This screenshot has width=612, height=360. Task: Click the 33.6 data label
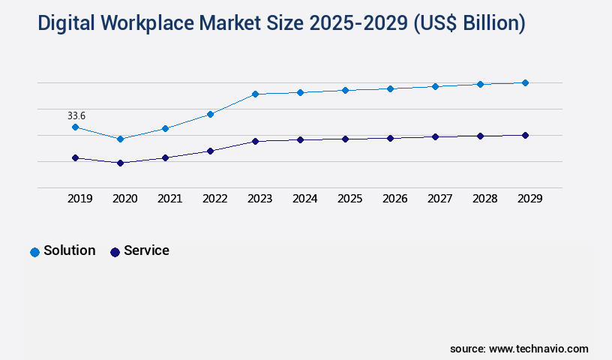point(76,115)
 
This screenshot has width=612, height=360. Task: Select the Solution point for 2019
point(75,127)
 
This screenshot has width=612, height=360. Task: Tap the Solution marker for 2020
point(120,139)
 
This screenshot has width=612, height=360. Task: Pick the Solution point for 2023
point(255,94)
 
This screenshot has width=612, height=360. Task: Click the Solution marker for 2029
point(525,82)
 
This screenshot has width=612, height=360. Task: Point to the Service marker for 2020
point(120,163)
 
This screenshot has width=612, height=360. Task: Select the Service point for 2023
point(255,141)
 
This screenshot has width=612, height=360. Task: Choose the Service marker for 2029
point(525,135)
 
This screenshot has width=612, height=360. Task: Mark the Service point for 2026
point(390,138)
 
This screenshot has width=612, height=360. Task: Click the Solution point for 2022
point(210,114)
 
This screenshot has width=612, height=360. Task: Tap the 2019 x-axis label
point(80,199)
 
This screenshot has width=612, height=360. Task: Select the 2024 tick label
point(305,199)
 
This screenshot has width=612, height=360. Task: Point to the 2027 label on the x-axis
point(440,199)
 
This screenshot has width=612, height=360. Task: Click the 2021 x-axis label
point(170,199)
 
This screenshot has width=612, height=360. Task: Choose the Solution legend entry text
point(69,250)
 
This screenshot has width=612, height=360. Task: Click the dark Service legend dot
point(115,252)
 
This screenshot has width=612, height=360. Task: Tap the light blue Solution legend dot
point(34,252)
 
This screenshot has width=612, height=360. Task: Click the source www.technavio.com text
point(519,349)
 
